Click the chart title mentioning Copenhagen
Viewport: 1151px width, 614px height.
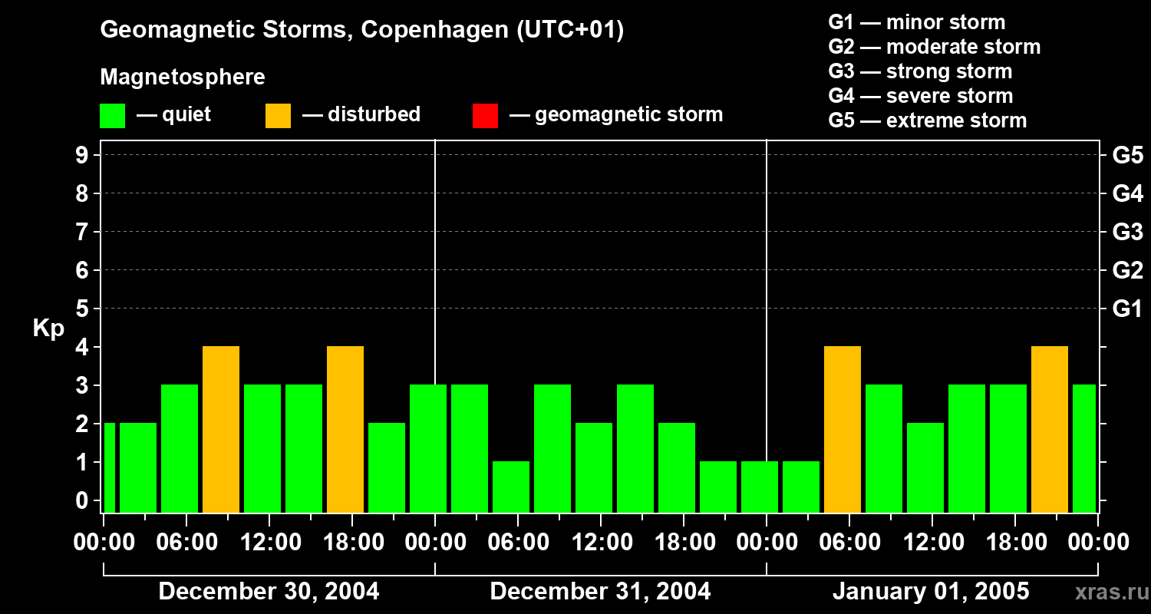[x=361, y=30]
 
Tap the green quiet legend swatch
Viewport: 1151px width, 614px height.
[x=112, y=115]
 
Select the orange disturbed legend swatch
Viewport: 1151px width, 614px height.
[x=278, y=115]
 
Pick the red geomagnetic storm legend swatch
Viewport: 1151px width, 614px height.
[x=485, y=115]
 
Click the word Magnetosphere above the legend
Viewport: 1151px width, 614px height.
[x=183, y=78]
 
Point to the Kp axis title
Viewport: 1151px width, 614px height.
[x=48, y=328]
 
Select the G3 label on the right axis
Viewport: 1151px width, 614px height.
[x=1127, y=232]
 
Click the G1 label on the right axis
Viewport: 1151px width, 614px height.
[x=1127, y=309]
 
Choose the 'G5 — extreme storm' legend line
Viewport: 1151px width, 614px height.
[x=927, y=120]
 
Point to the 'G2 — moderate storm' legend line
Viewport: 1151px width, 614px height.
[x=934, y=47]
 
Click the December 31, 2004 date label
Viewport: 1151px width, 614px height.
[x=600, y=592]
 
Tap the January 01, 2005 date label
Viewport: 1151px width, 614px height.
[x=931, y=592]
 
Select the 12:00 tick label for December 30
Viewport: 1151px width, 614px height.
[x=270, y=543]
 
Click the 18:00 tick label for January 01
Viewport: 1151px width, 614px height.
[x=1015, y=543]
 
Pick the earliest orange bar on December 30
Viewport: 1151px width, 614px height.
[x=221, y=429]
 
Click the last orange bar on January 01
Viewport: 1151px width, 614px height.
[x=1050, y=429]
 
